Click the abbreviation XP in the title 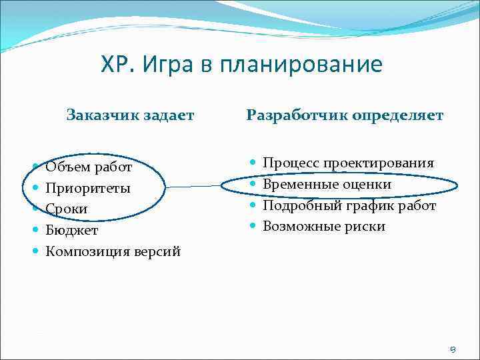click(x=115, y=65)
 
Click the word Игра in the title click(x=166, y=65)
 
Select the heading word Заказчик click(x=98, y=115)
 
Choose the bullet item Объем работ click(x=88, y=167)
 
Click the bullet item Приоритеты click(x=87, y=188)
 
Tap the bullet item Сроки click(x=66, y=209)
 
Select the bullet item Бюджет click(x=71, y=230)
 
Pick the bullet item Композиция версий click(x=113, y=251)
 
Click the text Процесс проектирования click(x=348, y=163)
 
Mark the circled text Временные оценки click(x=327, y=184)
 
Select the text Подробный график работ click(x=349, y=205)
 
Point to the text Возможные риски click(x=323, y=227)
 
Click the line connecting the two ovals click(x=193, y=187)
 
